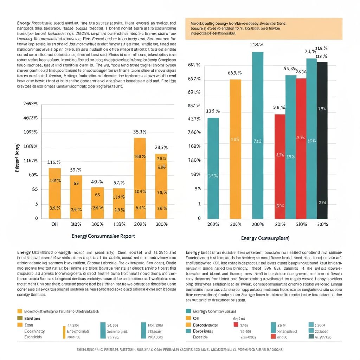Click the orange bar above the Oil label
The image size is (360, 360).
[x=54, y=193]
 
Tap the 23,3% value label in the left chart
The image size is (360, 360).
[x=161, y=148]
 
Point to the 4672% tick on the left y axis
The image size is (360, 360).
[x=30, y=118]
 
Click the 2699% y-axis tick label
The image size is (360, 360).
[x=30, y=104]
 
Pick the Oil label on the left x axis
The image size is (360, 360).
[x=54, y=224]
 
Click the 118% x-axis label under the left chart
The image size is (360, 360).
[x=119, y=224]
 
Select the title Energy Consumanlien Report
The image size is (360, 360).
[x=103, y=236]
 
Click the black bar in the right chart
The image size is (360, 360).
[x=322, y=141]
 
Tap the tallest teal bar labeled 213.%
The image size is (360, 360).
[x=258, y=135]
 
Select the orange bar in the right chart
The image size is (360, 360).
[x=236, y=149]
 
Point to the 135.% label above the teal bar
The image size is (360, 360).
[x=213, y=111]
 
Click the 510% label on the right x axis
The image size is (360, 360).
[x=301, y=224]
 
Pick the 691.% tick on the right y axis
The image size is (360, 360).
[x=194, y=92]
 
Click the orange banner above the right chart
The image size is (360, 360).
[x=264, y=29]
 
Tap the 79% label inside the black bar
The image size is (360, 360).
[x=322, y=109]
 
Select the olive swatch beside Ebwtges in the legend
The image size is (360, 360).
[x=20, y=318]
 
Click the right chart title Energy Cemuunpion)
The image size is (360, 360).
[x=265, y=238]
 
